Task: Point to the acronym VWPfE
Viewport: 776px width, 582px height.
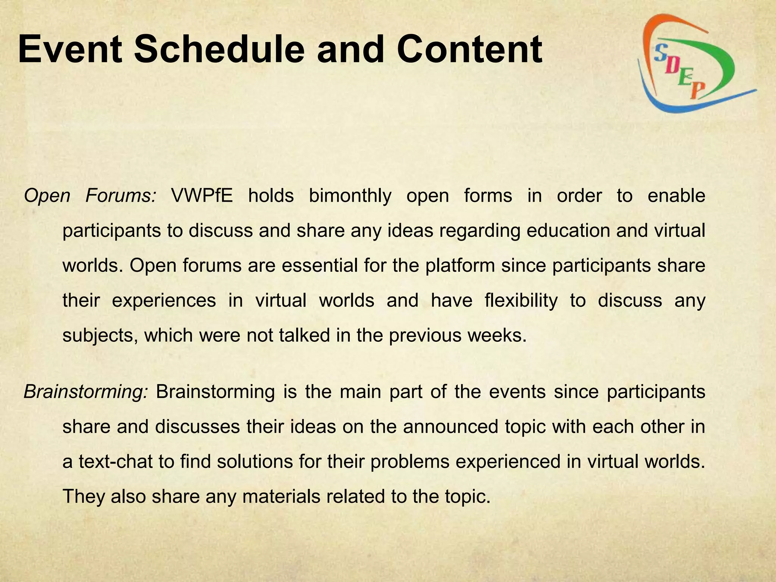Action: point(202,196)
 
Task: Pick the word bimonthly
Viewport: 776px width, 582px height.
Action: point(350,196)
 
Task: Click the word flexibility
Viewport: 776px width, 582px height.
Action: point(521,300)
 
